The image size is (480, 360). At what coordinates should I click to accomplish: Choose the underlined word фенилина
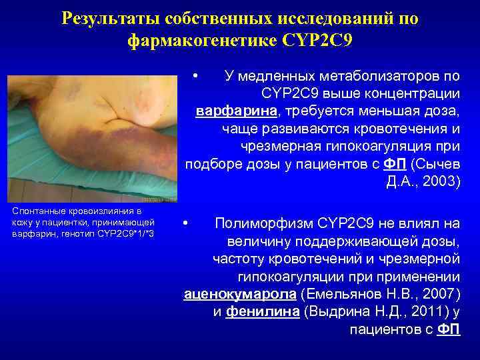[x=262, y=311]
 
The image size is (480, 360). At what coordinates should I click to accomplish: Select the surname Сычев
[x=439, y=164]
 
